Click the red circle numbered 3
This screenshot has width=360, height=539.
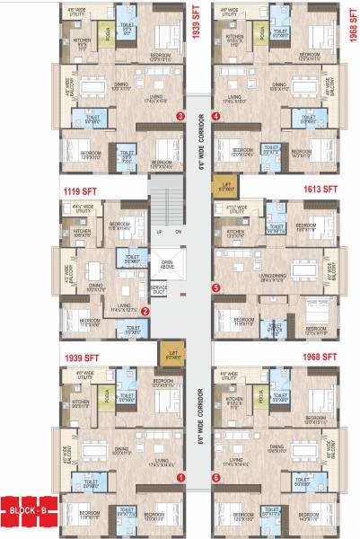point(180,116)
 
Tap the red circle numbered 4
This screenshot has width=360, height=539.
point(215,116)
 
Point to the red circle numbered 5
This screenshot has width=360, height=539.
point(215,287)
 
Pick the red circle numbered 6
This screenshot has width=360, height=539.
point(215,478)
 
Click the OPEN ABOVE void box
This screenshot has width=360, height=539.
point(168,264)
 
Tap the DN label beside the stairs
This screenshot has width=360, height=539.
point(178,232)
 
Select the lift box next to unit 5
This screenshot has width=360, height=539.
point(226,188)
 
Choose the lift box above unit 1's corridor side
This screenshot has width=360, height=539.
point(168,354)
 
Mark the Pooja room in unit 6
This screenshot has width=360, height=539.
point(261,396)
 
